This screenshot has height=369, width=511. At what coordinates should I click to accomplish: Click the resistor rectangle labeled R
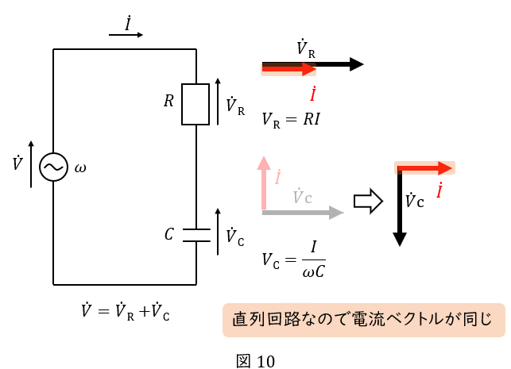point(195,104)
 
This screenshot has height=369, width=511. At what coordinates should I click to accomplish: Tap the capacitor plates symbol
point(195,235)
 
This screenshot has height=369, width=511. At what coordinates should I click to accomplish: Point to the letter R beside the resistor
point(168,102)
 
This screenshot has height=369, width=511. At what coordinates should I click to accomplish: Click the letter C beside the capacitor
point(168,234)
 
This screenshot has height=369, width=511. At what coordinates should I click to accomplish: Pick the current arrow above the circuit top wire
point(127,35)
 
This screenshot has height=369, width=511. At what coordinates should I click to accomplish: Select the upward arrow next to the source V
point(31,164)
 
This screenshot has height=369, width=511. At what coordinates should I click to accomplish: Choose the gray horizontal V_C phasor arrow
point(302,213)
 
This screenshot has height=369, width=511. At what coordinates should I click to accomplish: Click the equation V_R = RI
point(291,120)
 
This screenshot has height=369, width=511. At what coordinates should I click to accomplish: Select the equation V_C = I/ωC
point(294,260)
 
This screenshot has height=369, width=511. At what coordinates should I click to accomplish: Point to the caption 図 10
point(256,361)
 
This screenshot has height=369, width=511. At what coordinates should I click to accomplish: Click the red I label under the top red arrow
point(314,94)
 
